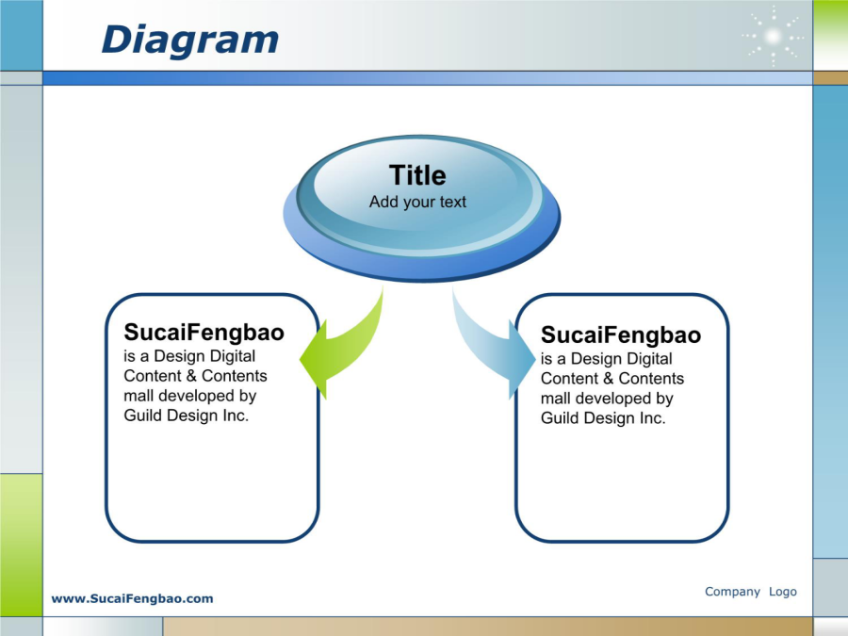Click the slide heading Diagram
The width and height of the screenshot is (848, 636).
click(x=189, y=41)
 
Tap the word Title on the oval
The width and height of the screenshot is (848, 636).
click(x=417, y=175)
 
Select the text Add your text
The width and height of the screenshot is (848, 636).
click(x=417, y=203)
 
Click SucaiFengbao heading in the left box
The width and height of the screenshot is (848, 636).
click(x=204, y=333)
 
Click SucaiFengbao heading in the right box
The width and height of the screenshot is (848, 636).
click(x=621, y=335)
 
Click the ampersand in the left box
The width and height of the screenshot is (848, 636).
click(x=191, y=376)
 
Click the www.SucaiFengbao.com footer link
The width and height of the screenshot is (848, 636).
click(x=133, y=598)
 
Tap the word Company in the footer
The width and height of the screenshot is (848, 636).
click(x=732, y=592)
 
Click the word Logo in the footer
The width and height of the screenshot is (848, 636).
click(x=783, y=592)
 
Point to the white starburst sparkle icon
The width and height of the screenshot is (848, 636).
click(x=773, y=37)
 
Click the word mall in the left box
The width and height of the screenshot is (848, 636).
click(x=139, y=396)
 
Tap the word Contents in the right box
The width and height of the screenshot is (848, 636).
click(x=651, y=379)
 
